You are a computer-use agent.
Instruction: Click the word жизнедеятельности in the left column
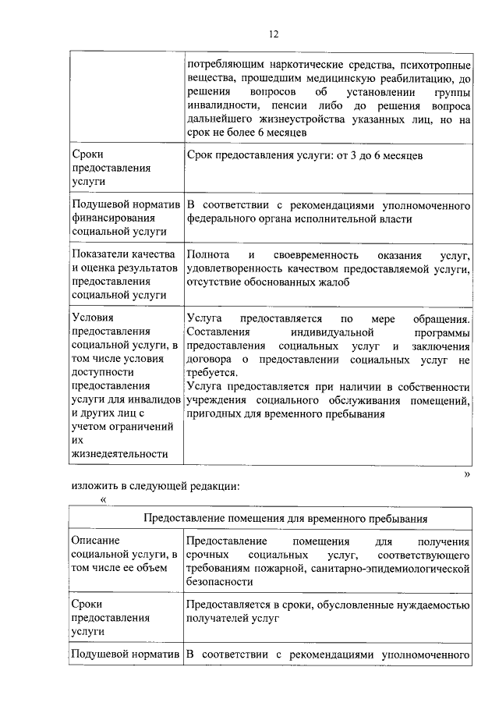pyautogui.click(x=119, y=453)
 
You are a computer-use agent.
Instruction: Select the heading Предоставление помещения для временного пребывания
pyautogui.click(x=285, y=517)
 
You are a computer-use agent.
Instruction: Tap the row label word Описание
pyautogui.click(x=94, y=540)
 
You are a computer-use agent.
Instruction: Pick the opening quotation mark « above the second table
pyautogui.click(x=103, y=499)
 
